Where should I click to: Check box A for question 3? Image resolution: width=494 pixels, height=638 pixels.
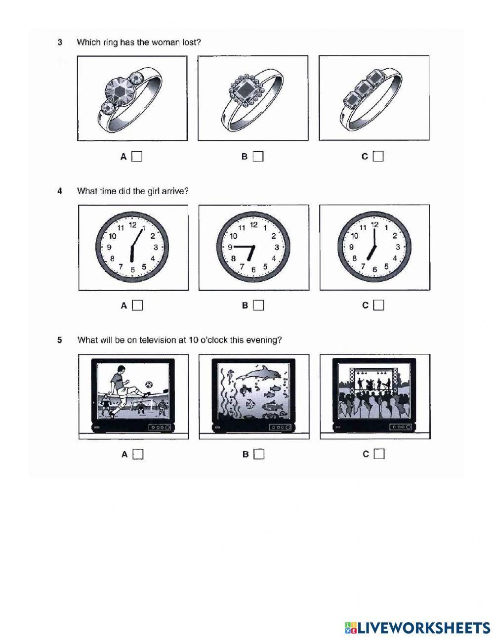coord(137,157)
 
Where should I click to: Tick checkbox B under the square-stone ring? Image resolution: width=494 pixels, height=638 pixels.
coord(258,157)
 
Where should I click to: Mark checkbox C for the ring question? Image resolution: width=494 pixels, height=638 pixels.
coord(378,157)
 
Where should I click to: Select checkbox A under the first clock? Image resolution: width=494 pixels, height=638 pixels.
coord(137,305)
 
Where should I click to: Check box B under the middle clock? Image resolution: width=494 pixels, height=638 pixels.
coord(258,305)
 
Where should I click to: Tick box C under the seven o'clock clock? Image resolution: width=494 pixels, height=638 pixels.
coord(379,305)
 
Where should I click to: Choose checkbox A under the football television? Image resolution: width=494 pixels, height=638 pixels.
coord(138,454)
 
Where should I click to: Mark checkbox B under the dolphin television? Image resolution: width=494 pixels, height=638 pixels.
coord(259,454)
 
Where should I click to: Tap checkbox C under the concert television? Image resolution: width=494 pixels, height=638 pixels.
coord(379,454)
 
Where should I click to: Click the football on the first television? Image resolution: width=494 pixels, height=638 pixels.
coord(149,384)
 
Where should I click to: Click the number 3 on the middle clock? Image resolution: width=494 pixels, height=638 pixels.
coord(277,247)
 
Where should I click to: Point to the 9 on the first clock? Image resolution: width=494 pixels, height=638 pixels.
coord(109,247)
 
